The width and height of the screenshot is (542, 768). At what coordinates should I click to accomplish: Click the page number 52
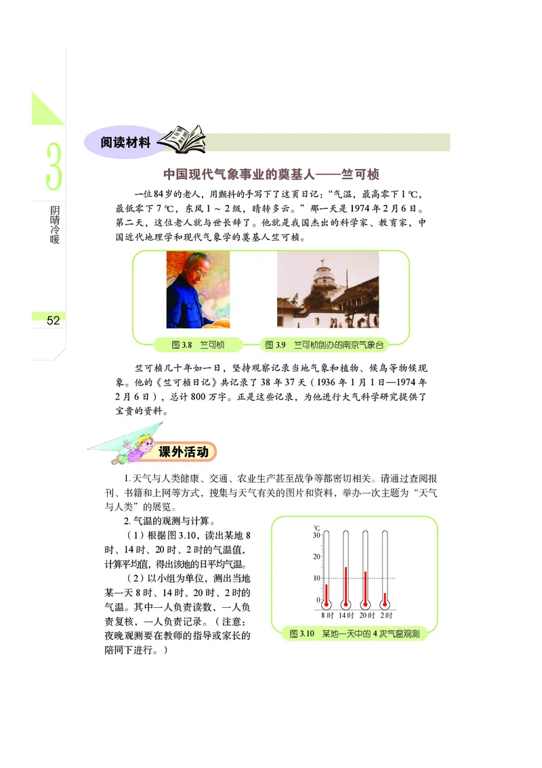[54, 321]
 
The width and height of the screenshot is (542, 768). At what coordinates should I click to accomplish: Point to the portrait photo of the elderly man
[198, 290]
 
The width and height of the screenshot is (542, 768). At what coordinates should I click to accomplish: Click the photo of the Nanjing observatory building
[328, 290]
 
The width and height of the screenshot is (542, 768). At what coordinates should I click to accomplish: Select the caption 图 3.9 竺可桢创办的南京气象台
[328, 345]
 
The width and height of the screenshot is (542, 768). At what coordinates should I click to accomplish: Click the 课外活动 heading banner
[182, 452]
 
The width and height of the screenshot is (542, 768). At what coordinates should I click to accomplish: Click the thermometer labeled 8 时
[326, 570]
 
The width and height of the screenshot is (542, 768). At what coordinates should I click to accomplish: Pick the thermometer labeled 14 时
[346, 570]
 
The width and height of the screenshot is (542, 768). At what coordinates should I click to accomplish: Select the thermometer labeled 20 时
[366, 570]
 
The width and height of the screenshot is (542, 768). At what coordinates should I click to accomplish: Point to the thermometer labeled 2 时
[385, 570]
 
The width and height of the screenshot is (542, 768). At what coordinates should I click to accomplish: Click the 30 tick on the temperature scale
[316, 535]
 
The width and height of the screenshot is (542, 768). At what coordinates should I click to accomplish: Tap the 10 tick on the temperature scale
[316, 578]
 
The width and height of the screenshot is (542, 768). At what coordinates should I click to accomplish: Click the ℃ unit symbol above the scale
[316, 526]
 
